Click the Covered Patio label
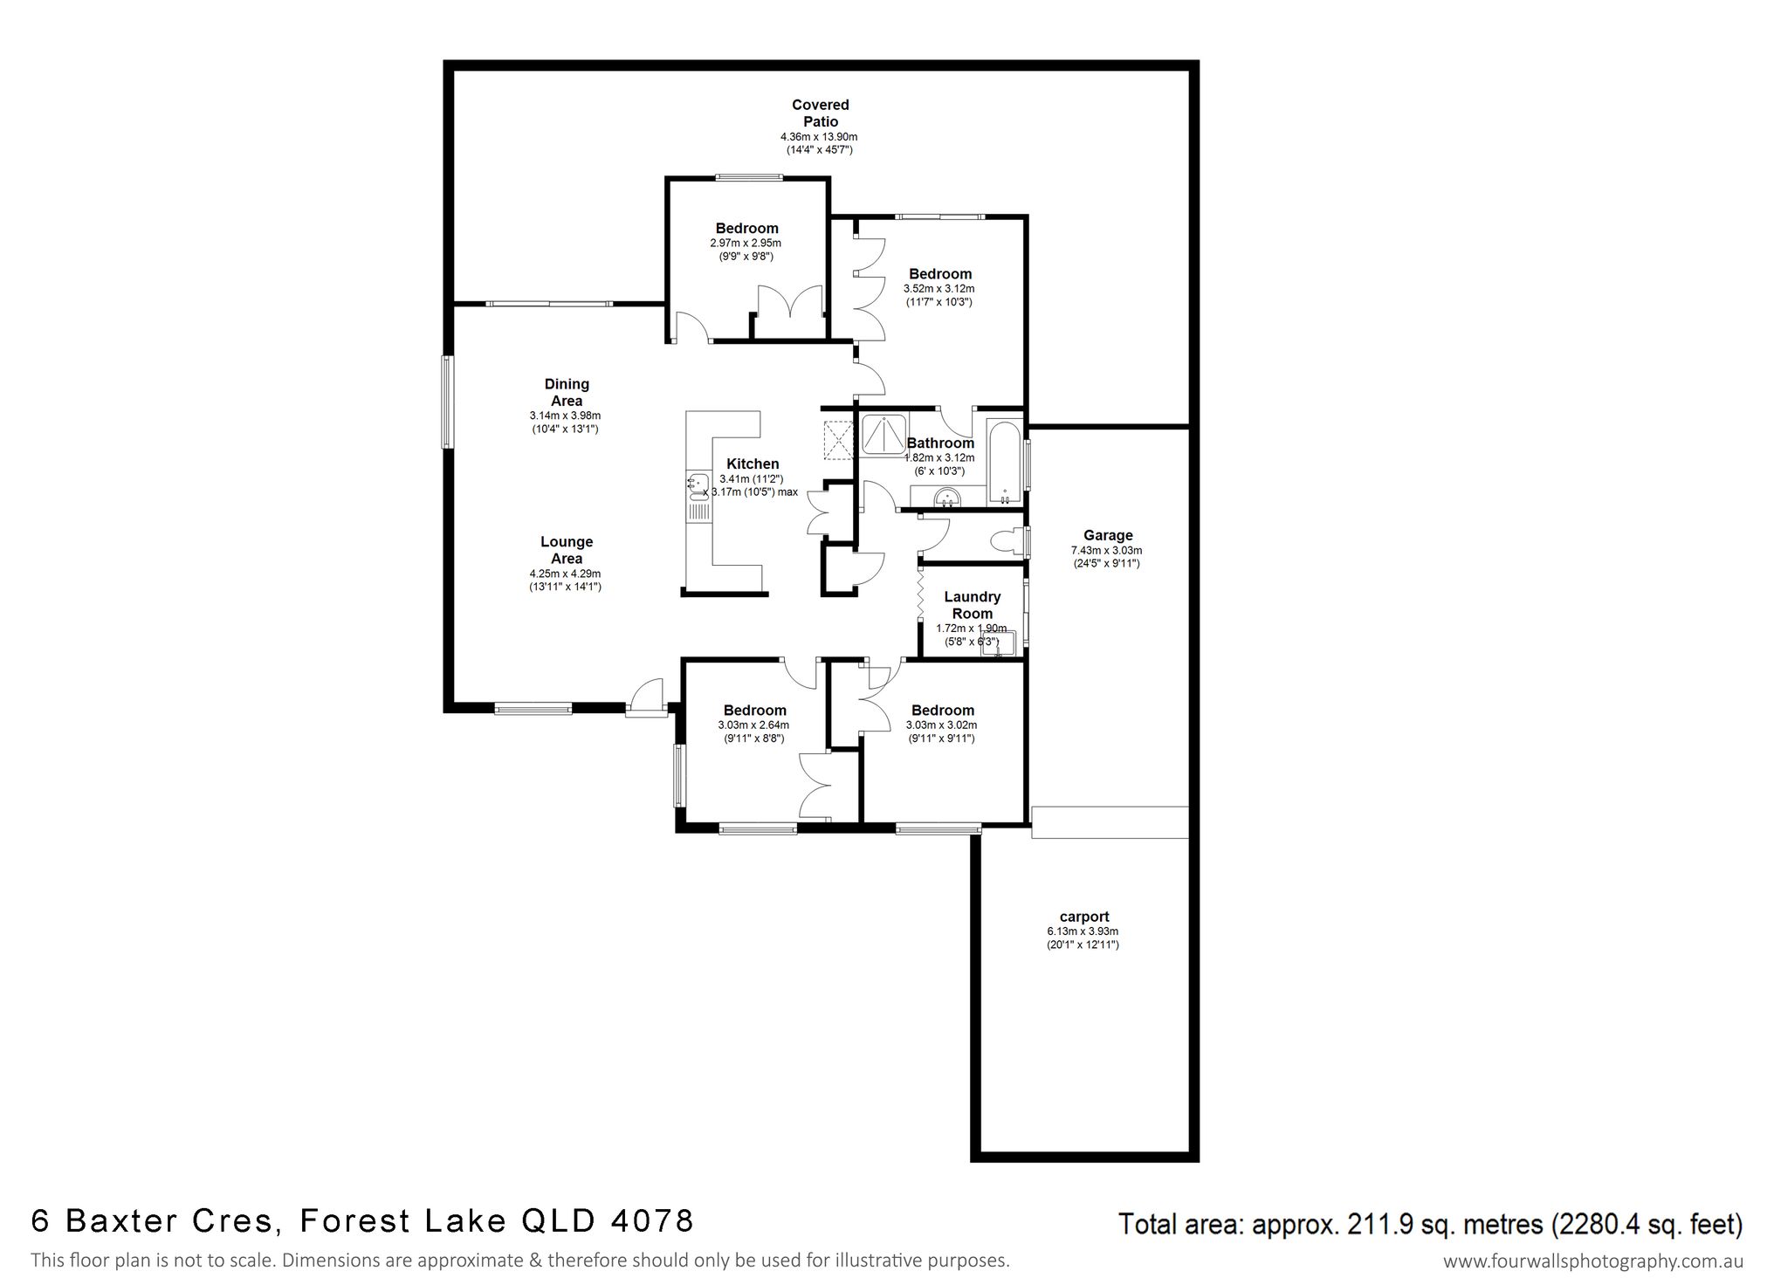(820, 113)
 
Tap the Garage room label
(1108, 535)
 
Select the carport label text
(1083, 917)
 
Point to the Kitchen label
(753, 464)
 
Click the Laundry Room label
(972, 605)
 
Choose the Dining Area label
(567, 393)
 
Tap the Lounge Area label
(567, 550)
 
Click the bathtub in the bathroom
(1005, 463)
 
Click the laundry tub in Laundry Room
(997, 642)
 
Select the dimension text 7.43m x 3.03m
(1106, 551)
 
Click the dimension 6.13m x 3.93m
(1083, 931)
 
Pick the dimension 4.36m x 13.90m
(819, 137)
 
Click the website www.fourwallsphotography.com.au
(1593, 1261)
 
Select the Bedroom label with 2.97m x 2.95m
(746, 229)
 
